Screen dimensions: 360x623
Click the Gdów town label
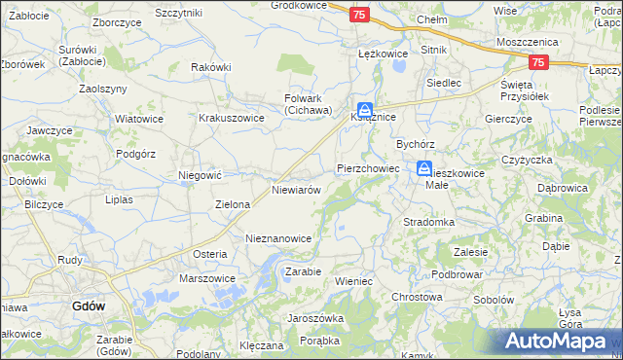click(x=89, y=306)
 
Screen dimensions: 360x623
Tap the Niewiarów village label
click(x=297, y=190)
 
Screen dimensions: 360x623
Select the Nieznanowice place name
click(x=278, y=237)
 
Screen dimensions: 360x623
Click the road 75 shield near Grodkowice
click(x=359, y=15)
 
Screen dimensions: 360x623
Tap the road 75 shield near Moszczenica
click(x=537, y=62)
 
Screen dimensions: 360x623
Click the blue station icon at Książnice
click(x=364, y=111)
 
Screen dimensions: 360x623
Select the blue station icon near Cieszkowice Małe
click(x=425, y=169)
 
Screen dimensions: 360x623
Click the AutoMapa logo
click(x=555, y=342)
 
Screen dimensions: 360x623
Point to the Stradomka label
click(x=429, y=222)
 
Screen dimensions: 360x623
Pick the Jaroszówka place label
click(x=315, y=318)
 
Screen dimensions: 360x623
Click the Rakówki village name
click(x=211, y=67)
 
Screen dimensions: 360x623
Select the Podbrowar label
click(x=458, y=275)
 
